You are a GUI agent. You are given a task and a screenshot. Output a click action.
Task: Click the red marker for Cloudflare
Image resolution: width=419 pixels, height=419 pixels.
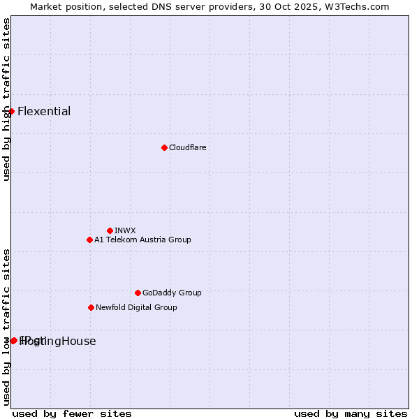pyautogui.click(x=164, y=147)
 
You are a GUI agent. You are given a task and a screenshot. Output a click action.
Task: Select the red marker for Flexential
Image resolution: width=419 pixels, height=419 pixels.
pyautogui.click(x=11, y=111)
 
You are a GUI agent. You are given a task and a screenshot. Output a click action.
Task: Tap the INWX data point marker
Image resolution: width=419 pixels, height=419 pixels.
pyautogui.click(x=110, y=230)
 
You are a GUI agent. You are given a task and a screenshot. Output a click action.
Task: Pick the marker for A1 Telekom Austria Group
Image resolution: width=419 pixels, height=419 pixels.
pyautogui.click(x=89, y=240)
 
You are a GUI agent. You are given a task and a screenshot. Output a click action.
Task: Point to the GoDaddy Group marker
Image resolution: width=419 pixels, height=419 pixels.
pyautogui.click(x=138, y=293)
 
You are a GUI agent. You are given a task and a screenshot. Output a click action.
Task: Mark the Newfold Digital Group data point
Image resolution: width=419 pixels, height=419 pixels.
pyautogui.click(x=91, y=307)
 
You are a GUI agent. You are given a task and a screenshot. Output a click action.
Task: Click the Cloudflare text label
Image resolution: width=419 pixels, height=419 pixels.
pyautogui.click(x=187, y=147)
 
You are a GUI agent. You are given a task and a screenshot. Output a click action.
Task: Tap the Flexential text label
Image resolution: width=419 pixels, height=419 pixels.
pyautogui.click(x=44, y=111)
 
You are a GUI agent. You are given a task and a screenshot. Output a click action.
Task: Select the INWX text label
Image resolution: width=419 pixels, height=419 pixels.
pyautogui.click(x=125, y=230)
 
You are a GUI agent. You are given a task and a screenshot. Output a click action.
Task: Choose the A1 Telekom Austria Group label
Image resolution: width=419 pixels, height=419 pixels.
pyautogui.click(x=142, y=240)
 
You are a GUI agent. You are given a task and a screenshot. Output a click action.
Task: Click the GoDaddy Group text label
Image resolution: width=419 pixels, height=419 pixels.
pyautogui.click(x=171, y=293)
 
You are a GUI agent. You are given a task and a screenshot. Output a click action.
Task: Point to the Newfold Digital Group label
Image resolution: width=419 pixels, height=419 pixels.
pyautogui.click(x=136, y=307)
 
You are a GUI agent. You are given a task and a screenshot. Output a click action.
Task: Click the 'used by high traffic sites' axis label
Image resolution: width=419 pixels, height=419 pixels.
pyautogui.click(x=6, y=99)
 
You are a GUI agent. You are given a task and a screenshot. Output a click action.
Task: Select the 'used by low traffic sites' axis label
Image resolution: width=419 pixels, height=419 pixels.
pyautogui.click(x=6, y=327)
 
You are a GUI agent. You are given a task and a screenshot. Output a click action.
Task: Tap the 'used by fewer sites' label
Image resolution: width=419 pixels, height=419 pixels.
pyautogui.click(x=72, y=413)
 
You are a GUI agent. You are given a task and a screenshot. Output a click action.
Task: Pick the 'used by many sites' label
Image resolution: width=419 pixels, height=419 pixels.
pyautogui.click(x=351, y=413)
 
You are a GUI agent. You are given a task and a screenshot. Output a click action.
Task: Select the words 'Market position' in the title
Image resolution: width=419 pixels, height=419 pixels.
pyautogui.click(x=61, y=6)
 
